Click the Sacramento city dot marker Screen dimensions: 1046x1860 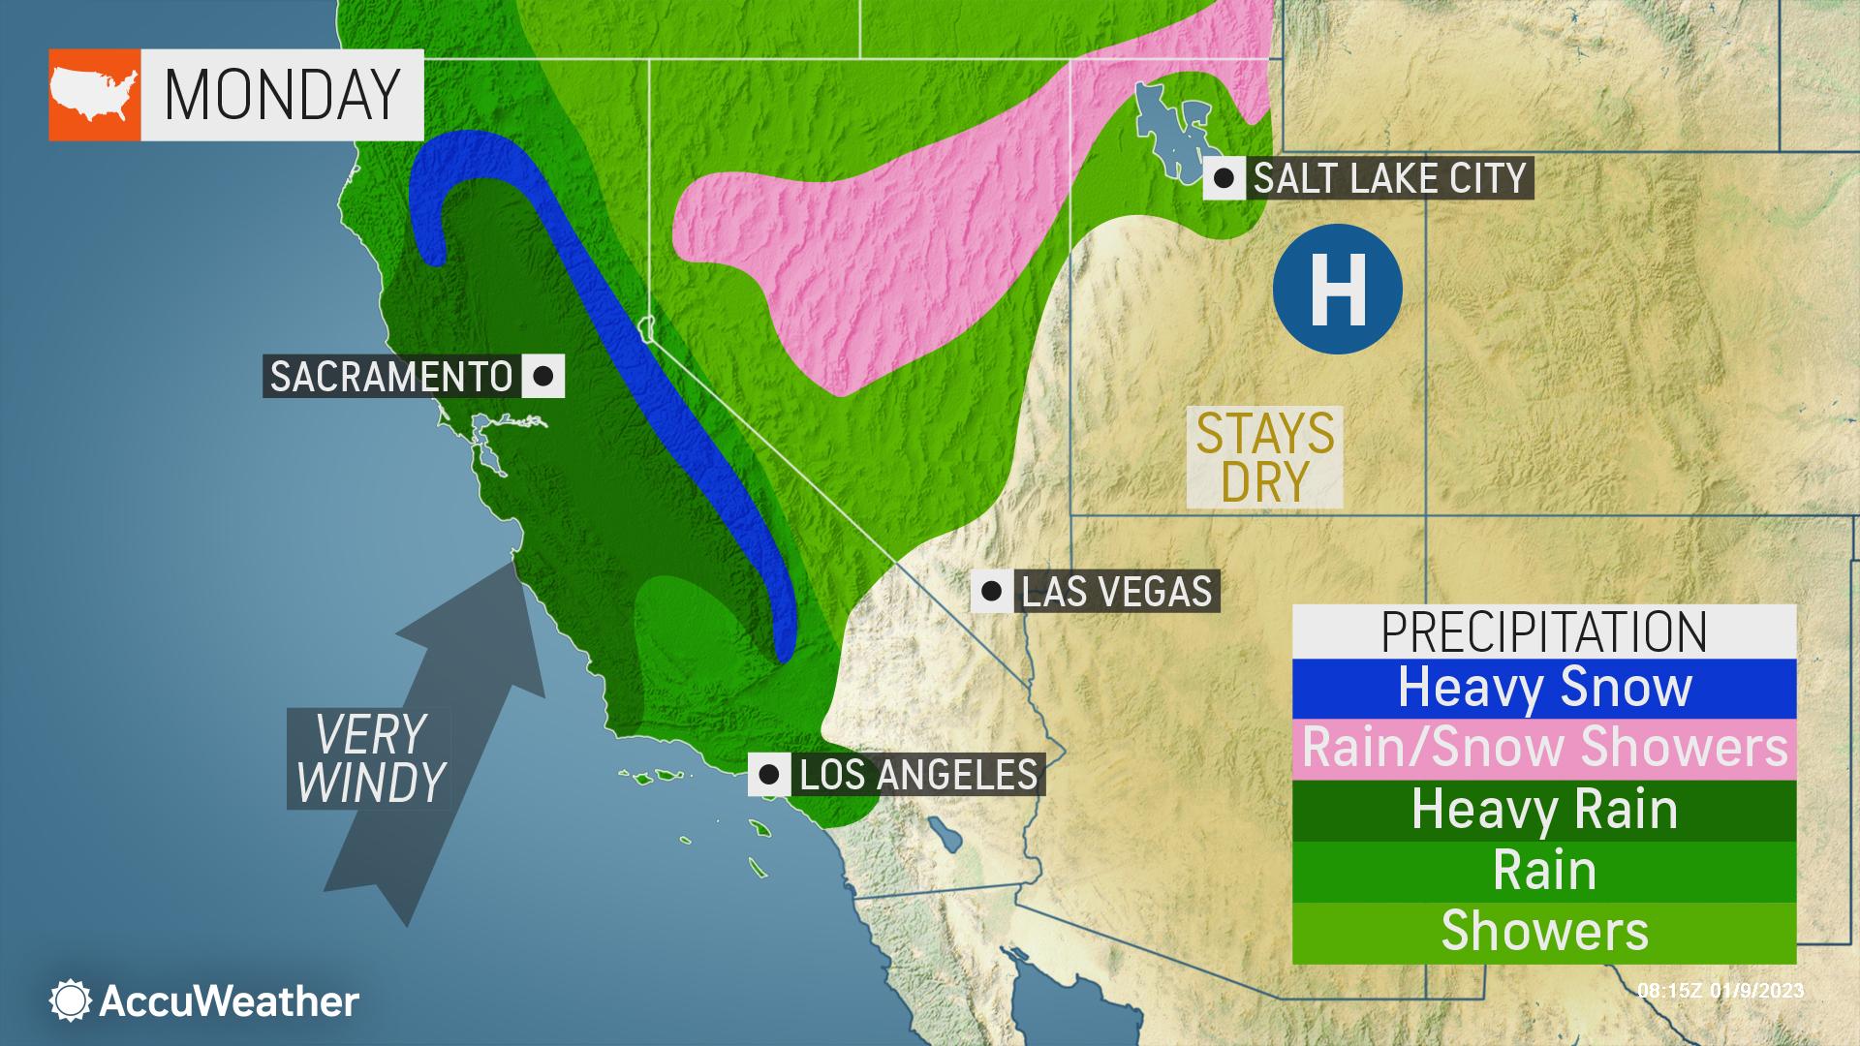[x=542, y=376]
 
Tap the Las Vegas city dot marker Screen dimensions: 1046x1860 [x=992, y=590]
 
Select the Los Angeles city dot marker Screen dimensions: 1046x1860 [x=769, y=775]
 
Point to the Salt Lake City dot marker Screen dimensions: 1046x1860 [x=1224, y=178]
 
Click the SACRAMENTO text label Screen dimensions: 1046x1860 [x=390, y=376]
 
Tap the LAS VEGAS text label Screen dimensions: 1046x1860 [x=1116, y=591]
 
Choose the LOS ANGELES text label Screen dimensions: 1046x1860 [x=917, y=775]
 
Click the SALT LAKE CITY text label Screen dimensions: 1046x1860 [x=1389, y=178]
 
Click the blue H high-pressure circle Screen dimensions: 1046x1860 [x=1337, y=289]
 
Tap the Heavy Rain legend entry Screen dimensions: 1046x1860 [x=1544, y=810]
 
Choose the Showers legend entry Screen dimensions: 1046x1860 [x=1544, y=932]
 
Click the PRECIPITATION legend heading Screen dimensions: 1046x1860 [x=1544, y=631]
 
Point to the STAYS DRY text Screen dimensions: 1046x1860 [x=1264, y=456]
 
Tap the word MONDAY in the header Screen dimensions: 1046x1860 [x=282, y=95]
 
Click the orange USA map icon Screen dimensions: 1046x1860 [x=94, y=95]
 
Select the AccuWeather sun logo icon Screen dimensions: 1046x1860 [x=70, y=1000]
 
